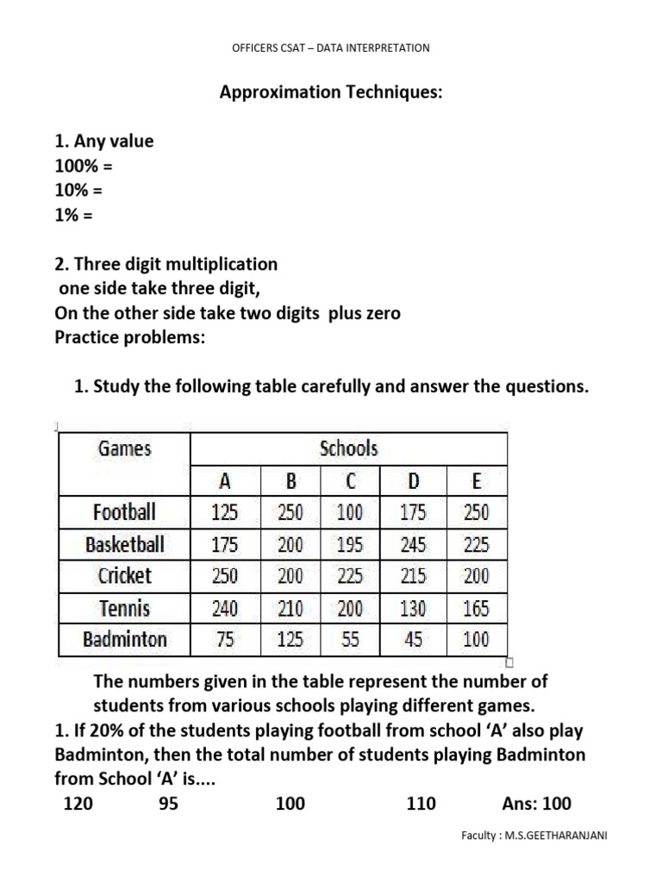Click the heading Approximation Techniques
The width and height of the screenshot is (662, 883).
click(x=332, y=92)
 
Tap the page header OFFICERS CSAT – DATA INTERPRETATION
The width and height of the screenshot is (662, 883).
click(x=331, y=48)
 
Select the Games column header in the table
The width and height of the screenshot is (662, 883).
click(x=125, y=448)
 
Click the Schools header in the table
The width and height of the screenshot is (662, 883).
click(x=348, y=448)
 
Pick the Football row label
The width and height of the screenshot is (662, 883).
click(x=125, y=512)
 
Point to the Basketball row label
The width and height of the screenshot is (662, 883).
click(x=125, y=544)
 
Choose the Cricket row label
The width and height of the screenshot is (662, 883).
click(x=125, y=575)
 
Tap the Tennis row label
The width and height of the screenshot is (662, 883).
click(x=125, y=608)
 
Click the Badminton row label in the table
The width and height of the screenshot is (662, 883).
click(x=125, y=640)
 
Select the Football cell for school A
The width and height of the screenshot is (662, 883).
click(x=224, y=512)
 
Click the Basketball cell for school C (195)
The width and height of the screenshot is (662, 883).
click(x=350, y=544)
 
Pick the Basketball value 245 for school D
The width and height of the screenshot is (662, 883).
click(x=413, y=544)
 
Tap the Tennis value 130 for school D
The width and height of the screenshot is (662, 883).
click(x=413, y=608)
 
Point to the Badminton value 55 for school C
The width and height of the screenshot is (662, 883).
click(x=350, y=640)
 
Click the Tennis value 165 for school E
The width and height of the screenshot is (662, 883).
click(x=475, y=608)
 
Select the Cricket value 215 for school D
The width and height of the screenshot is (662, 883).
click(x=413, y=575)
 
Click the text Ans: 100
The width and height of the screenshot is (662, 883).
click(x=536, y=805)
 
